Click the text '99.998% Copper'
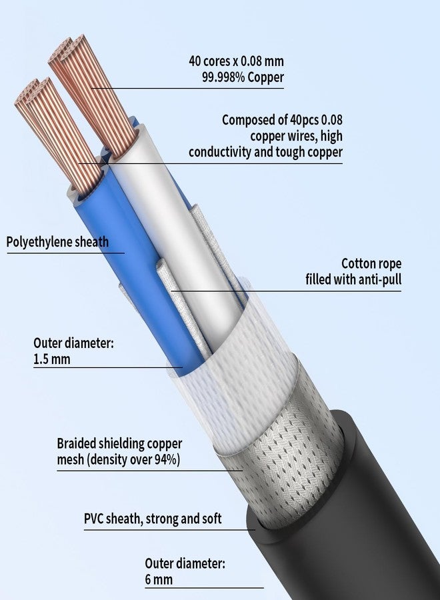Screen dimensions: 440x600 [x=243, y=77]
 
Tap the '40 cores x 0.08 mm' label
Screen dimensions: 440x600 [x=237, y=61]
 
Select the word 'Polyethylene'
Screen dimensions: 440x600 [x=39, y=242]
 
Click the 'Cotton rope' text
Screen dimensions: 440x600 [x=371, y=263]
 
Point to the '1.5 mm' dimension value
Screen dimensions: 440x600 [x=51, y=359]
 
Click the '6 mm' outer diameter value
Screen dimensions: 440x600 [x=159, y=579]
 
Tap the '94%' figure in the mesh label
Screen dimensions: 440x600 [x=167, y=459]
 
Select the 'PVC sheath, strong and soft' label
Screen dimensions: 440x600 [x=153, y=519]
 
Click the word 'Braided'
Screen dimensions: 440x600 [x=77, y=443]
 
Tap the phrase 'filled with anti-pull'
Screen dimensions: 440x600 [x=353, y=279]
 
